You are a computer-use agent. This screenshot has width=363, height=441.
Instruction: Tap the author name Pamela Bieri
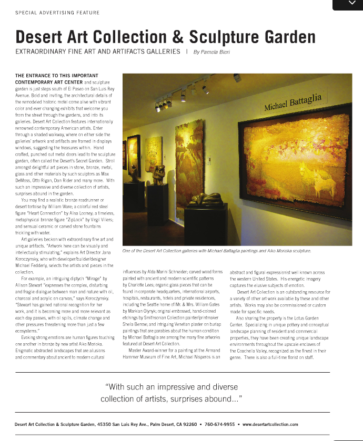tap(213, 52)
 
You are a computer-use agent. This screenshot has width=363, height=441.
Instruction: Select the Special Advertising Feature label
tap(57, 12)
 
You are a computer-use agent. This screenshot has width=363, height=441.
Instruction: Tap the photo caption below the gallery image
tap(216, 251)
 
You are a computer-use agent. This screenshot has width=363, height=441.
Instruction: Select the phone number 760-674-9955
tap(220, 424)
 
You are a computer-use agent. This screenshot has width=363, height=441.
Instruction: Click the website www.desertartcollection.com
tap(270, 424)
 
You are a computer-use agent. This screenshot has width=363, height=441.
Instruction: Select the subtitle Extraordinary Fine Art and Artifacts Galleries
tap(98, 52)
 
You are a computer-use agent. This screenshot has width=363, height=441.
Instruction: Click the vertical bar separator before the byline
tap(187, 52)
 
